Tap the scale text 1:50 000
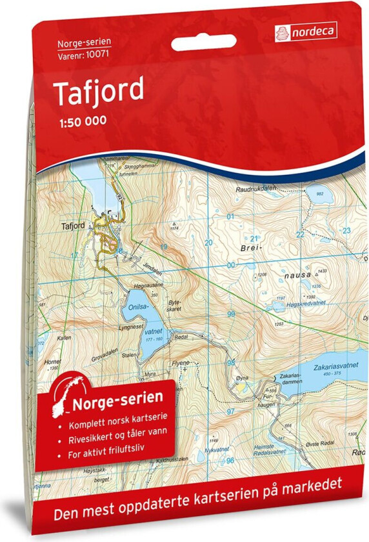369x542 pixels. click(x=79, y=120)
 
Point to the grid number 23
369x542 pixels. click(x=346, y=230)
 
